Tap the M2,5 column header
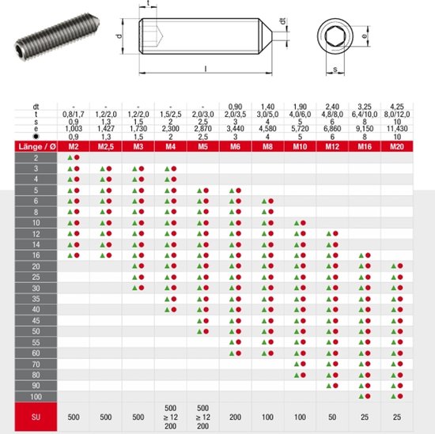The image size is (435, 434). tap(105, 146)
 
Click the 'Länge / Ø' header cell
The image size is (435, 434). tap(36, 146)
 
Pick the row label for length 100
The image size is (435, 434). tap(36, 395)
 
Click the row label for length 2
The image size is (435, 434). tap(36, 158)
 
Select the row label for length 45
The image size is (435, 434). tap(36, 320)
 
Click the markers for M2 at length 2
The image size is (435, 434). tap(74, 158)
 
